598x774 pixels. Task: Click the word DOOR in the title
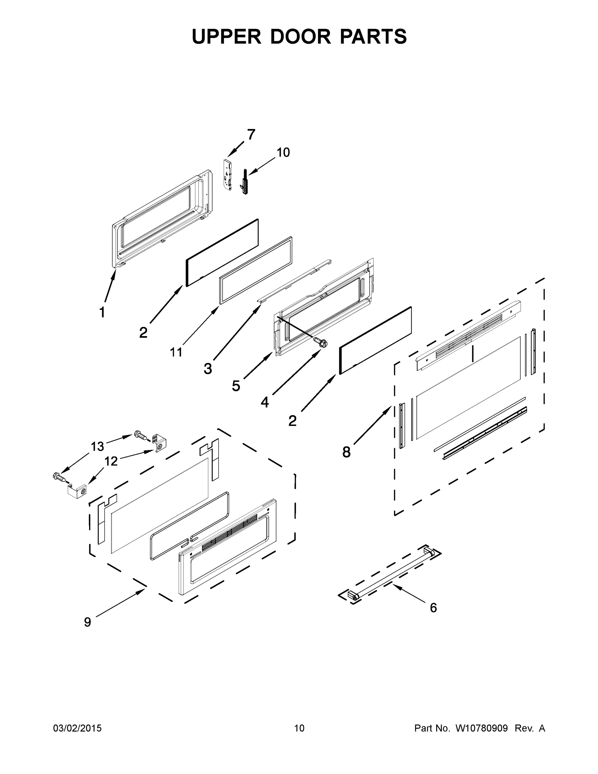click(300, 36)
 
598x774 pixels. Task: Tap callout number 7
click(251, 135)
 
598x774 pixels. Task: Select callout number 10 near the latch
click(283, 153)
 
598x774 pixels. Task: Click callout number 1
click(102, 313)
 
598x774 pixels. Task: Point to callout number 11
click(176, 352)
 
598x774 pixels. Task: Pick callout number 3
click(208, 369)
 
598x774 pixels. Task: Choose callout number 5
click(236, 386)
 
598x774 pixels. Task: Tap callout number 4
click(265, 402)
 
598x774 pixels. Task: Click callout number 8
click(346, 452)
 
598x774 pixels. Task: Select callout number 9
click(87, 622)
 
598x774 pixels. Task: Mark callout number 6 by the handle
click(433, 608)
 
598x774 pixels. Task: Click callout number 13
click(97, 447)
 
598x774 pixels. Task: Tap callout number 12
click(111, 461)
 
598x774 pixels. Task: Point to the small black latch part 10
click(244, 182)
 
